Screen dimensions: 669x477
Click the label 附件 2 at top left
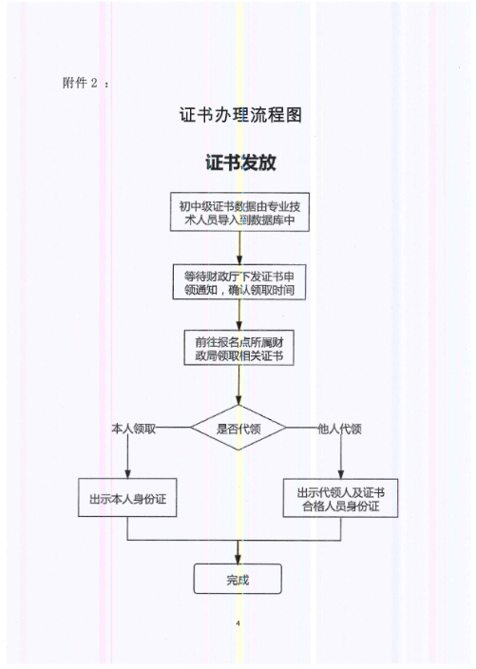[x=86, y=82]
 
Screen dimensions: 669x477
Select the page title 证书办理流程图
[x=239, y=117]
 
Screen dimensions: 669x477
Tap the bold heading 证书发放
[x=239, y=162]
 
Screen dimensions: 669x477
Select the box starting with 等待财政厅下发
[x=239, y=283]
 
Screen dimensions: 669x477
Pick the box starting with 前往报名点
[x=239, y=349]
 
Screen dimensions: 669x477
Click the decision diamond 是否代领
[x=238, y=429]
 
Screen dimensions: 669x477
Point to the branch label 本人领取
[x=134, y=429]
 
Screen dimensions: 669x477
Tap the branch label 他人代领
[x=339, y=429]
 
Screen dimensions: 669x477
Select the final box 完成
[x=238, y=580]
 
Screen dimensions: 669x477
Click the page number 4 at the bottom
[x=238, y=623]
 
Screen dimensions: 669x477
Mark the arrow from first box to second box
[x=239, y=248]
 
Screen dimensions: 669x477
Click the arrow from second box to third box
[x=239, y=315]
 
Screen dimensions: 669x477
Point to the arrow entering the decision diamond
[x=239, y=385]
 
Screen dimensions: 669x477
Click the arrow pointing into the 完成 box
[x=238, y=552]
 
